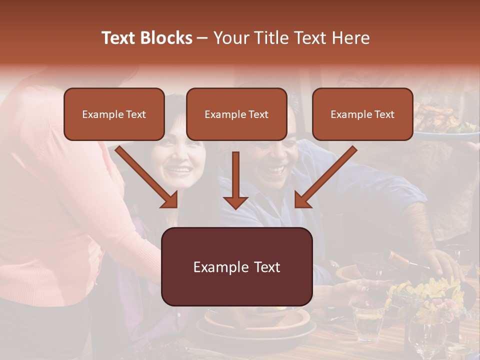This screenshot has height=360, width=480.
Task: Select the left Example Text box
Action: coord(114,114)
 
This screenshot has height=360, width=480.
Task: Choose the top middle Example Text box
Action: coord(236,114)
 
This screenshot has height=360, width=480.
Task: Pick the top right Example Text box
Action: coord(362,114)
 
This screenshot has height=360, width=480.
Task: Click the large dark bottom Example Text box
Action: coord(236,267)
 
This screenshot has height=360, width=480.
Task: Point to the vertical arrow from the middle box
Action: coord(235,180)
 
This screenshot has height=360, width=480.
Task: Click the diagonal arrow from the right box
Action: coord(325,177)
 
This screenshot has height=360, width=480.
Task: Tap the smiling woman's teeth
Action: coord(180,170)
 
